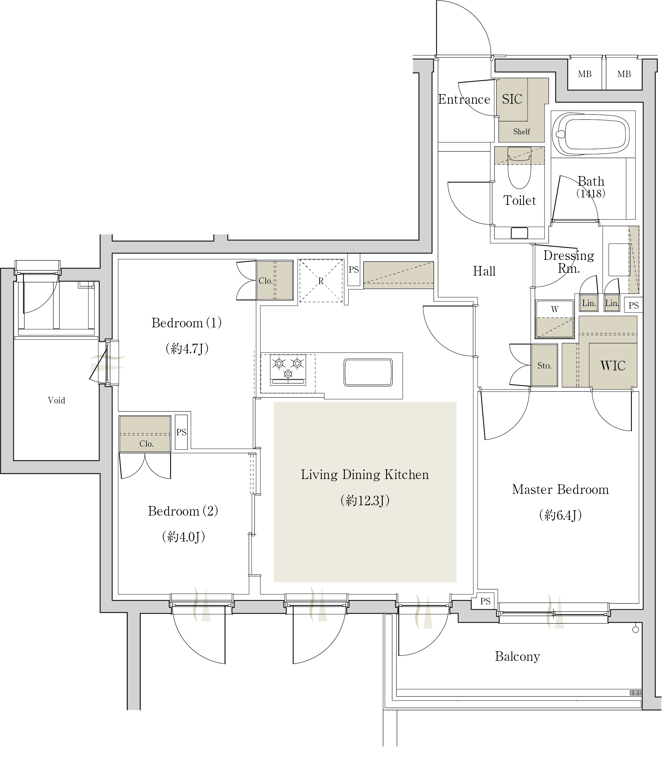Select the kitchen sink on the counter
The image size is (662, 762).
click(x=368, y=372)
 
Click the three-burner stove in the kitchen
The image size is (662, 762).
click(x=288, y=370)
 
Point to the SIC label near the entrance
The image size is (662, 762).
click(x=512, y=99)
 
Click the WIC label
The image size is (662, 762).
click(x=613, y=366)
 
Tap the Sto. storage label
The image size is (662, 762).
click(x=544, y=366)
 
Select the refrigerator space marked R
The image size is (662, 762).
click(x=321, y=281)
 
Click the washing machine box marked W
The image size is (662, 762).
click(x=555, y=319)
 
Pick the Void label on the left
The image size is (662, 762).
click(x=56, y=401)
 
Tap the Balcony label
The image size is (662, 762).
click(x=518, y=657)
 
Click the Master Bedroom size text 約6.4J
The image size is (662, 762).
click(x=561, y=515)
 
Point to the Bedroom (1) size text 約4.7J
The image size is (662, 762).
click(x=187, y=348)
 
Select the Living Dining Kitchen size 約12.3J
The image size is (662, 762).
click(x=365, y=501)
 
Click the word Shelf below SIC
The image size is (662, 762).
click(x=521, y=132)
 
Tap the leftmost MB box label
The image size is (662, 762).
click(x=585, y=74)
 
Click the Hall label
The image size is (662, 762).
click(x=484, y=271)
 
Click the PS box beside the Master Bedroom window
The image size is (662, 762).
click(x=485, y=602)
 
